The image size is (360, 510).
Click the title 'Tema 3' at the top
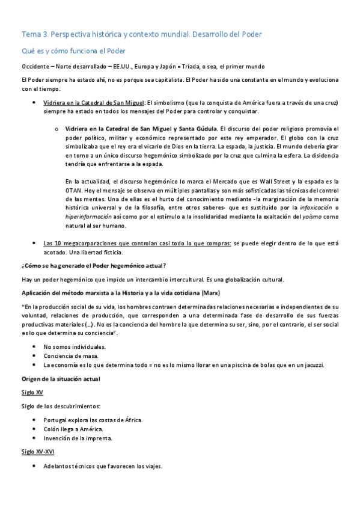(x=37, y=34)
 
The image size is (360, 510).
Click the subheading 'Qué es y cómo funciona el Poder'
(x=73, y=51)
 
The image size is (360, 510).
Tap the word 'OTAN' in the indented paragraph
(x=74, y=190)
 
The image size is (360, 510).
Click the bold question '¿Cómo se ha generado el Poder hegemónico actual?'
(x=93, y=265)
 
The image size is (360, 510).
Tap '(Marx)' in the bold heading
(x=209, y=292)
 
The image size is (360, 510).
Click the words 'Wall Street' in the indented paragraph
(x=293, y=181)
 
